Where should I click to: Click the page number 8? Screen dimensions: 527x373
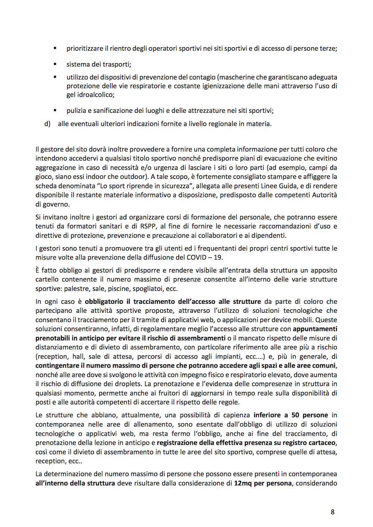[x=332, y=512]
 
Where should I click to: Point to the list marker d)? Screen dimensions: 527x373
[x=47, y=124]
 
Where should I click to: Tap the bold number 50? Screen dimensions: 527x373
[x=295, y=415]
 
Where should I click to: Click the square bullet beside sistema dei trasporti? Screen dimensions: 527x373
[x=55, y=64]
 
